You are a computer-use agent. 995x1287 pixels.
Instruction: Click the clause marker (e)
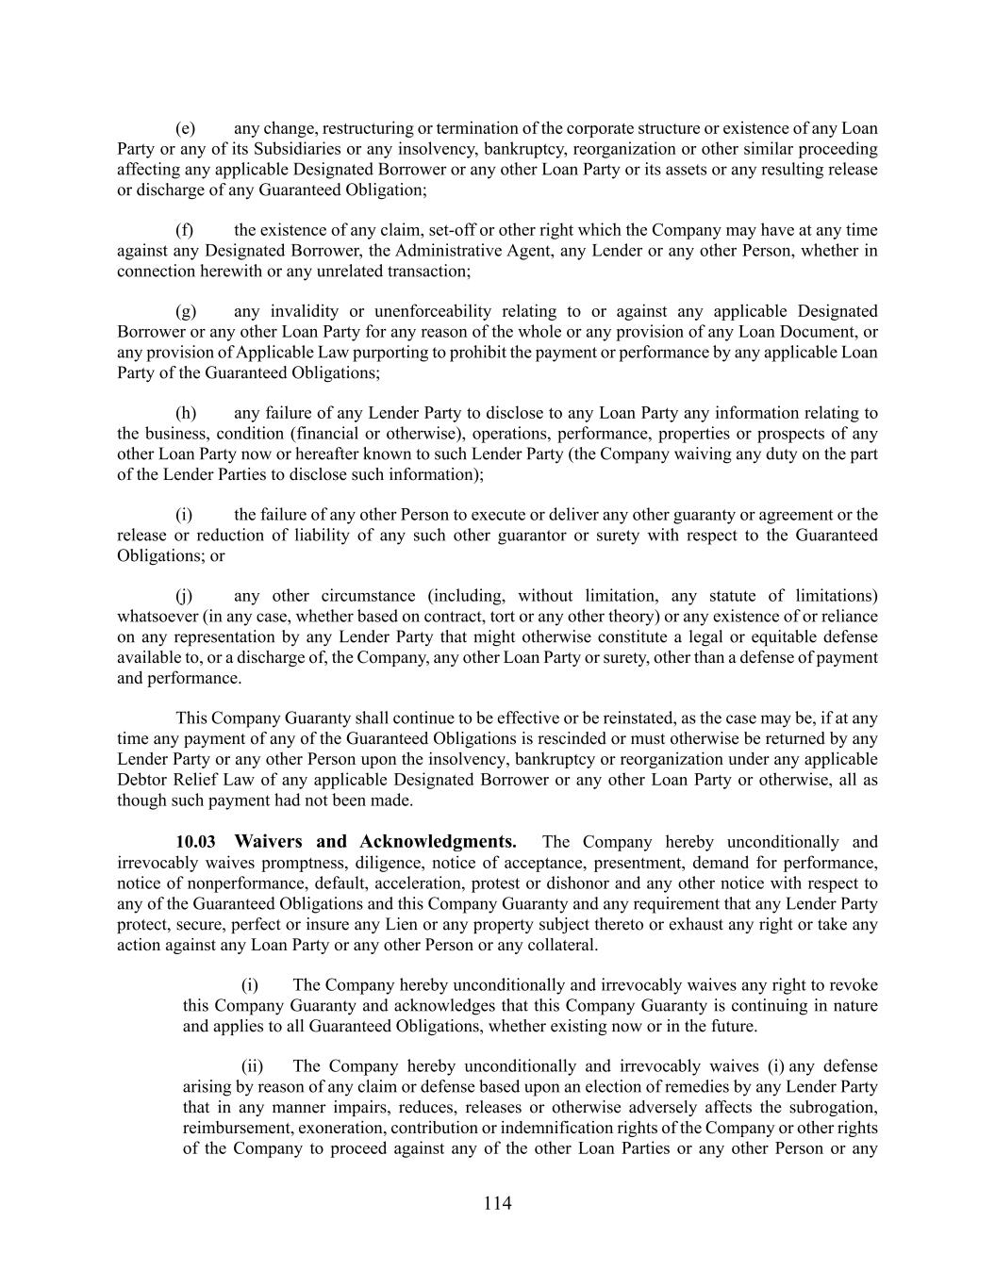(x=185, y=128)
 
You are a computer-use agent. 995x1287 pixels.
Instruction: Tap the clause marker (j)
(x=185, y=596)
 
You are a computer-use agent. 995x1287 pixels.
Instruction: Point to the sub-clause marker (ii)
(x=252, y=1066)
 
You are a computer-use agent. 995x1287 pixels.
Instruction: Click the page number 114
(x=497, y=1203)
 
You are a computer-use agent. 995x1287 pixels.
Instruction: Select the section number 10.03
(x=195, y=842)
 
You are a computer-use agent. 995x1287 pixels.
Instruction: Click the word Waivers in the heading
(x=268, y=842)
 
